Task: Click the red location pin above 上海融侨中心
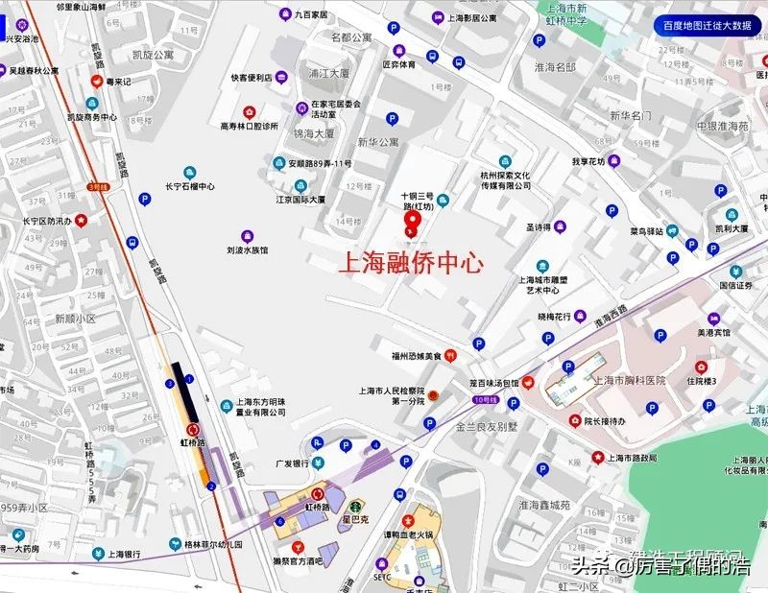(x=413, y=224)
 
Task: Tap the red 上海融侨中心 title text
(x=412, y=265)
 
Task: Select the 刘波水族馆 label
(x=247, y=249)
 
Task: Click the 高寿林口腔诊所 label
(x=249, y=126)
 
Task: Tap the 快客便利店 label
(x=252, y=78)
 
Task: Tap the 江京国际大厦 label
(x=300, y=200)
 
